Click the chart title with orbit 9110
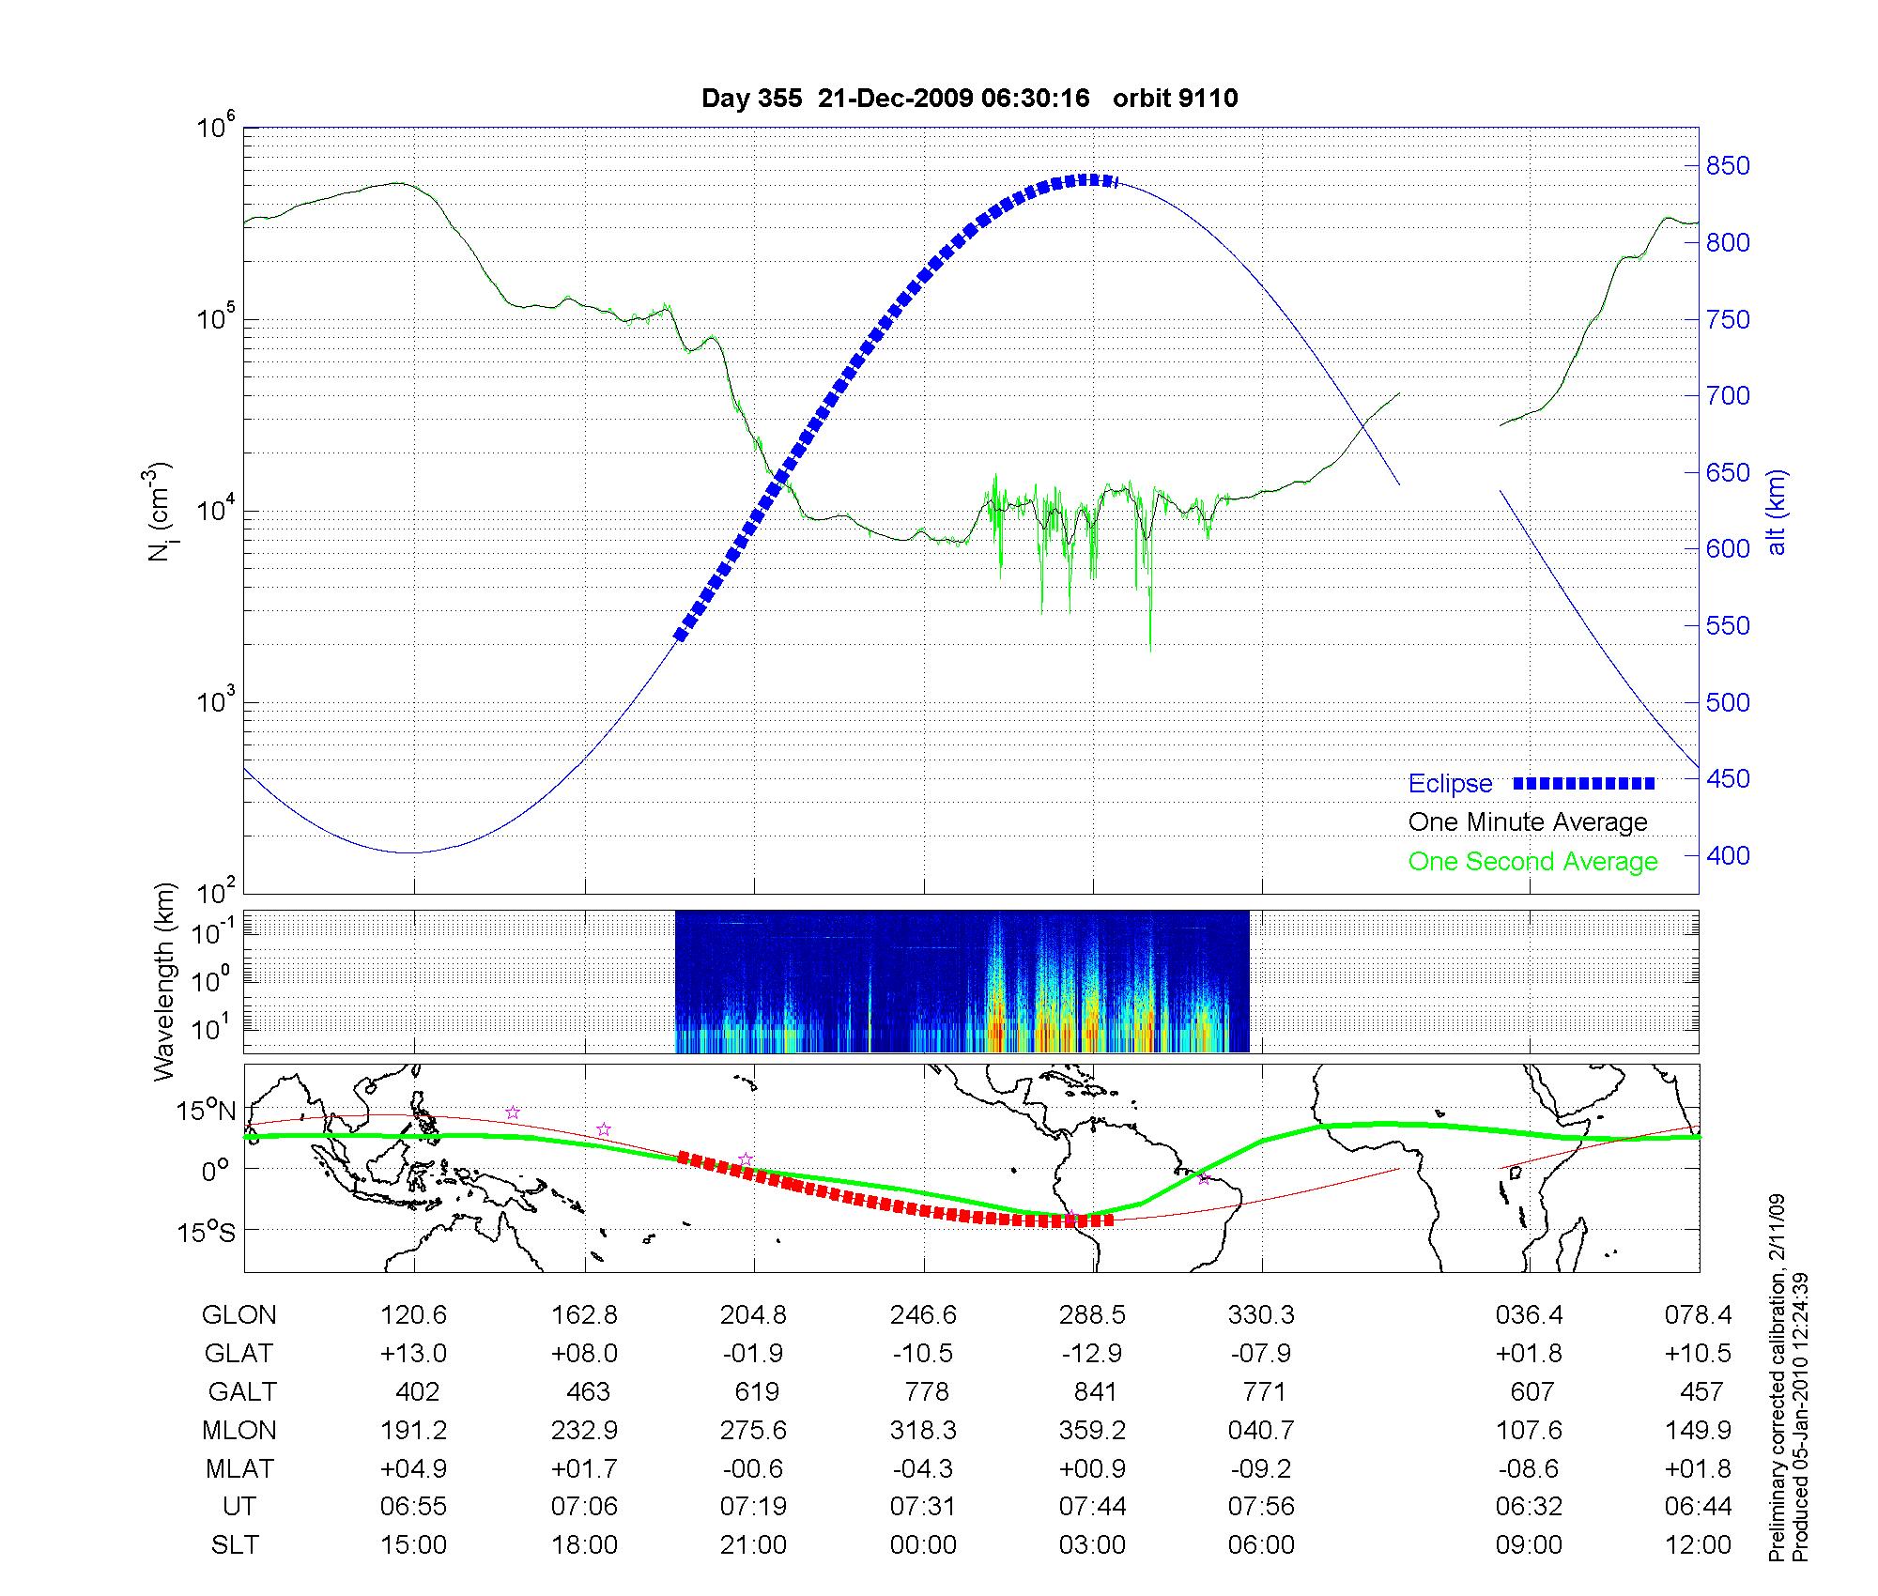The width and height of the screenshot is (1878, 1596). [969, 99]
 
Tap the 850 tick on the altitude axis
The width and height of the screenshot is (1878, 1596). [1728, 166]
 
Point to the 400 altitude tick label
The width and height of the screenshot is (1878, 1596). [1728, 856]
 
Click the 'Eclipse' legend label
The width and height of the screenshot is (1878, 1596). [1450, 784]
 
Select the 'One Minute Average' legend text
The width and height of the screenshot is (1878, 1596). [1528, 822]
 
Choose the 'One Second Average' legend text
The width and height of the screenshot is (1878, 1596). [1532, 862]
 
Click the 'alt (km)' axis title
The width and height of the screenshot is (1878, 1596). [1777, 512]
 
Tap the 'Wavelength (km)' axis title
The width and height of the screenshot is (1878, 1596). [165, 981]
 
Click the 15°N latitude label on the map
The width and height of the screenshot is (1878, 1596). [206, 1112]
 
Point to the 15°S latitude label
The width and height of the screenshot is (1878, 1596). [206, 1231]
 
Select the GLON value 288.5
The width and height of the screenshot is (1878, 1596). [1092, 1315]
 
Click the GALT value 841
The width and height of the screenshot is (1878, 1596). [1095, 1391]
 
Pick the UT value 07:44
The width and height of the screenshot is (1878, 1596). [1092, 1507]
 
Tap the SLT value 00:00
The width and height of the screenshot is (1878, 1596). [923, 1545]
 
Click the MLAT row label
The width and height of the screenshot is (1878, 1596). [239, 1468]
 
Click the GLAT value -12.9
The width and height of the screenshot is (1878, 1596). [1092, 1354]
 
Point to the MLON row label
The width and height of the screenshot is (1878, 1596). [239, 1431]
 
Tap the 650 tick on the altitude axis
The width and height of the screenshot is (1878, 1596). [1728, 473]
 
